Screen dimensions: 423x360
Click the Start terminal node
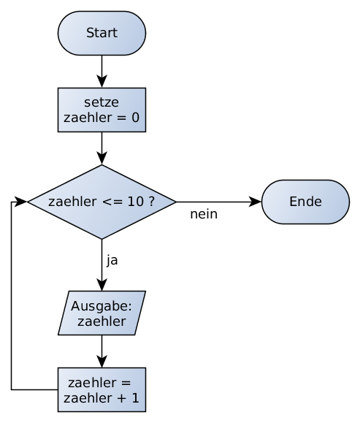coord(102,34)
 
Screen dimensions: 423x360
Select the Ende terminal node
coord(305,202)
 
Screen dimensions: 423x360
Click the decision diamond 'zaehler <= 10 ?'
coord(102,202)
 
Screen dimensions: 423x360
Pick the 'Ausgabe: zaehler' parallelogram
coord(102,313)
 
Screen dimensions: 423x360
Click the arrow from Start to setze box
coord(102,72)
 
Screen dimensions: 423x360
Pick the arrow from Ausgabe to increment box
coord(102,352)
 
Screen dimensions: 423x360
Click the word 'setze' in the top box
coord(102,102)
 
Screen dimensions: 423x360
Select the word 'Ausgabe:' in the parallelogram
coord(102,306)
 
